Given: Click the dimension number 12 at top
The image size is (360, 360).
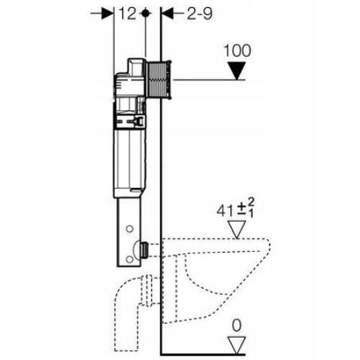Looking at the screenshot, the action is pyautogui.click(x=127, y=14).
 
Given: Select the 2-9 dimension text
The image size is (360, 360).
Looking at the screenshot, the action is pyautogui.click(x=199, y=14).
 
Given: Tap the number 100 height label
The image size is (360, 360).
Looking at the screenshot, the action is pyautogui.click(x=237, y=50).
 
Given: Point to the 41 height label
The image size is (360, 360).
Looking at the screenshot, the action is pyautogui.click(x=225, y=211).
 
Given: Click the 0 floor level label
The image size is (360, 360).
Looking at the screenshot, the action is pyautogui.click(x=237, y=325).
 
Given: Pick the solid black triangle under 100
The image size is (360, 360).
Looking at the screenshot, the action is pyautogui.click(x=237, y=71).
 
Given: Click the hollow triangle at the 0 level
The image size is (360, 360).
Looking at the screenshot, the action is pyautogui.click(x=237, y=345).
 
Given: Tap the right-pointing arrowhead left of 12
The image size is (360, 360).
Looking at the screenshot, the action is pyautogui.click(x=107, y=14).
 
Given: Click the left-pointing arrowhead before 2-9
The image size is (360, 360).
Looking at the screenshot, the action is pyautogui.click(x=168, y=14).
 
